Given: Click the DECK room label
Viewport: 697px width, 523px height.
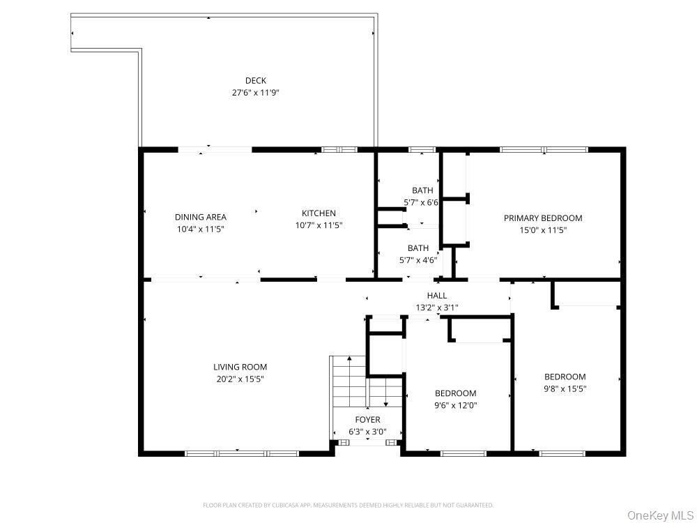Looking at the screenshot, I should pyautogui.click(x=255, y=80).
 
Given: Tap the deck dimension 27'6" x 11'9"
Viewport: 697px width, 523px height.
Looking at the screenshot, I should pyautogui.click(x=255, y=92).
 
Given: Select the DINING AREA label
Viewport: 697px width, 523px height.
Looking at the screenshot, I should pyautogui.click(x=200, y=217).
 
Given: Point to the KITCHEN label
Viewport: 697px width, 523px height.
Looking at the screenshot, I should pyautogui.click(x=319, y=213).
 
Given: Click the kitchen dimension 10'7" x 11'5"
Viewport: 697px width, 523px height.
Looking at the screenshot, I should pyautogui.click(x=319, y=225).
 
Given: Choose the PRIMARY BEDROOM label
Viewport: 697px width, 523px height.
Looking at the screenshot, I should pyautogui.click(x=543, y=218).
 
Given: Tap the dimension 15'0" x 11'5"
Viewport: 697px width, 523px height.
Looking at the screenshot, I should pyautogui.click(x=543, y=229).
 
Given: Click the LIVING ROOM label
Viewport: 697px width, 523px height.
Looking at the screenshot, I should pyautogui.click(x=240, y=367).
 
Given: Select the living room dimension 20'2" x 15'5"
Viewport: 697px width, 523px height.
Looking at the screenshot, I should pyautogui.click(x=240, y=379).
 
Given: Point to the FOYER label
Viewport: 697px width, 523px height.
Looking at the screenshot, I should pyautogui.click(x=367, y=420).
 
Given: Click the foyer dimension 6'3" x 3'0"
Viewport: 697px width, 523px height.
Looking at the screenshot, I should pyautogui.click(x=367, y=432).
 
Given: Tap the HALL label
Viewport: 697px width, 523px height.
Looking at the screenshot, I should pyautogui.click(x=437, y=296).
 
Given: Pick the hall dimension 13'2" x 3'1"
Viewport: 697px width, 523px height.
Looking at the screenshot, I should pyautogui.click(x=437, y=308).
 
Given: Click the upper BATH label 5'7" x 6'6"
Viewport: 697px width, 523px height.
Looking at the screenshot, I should pyautogui.click(x=422, y=190).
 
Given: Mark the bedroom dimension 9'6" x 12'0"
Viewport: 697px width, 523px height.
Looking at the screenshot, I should pyautogui.click(x=456, y=405).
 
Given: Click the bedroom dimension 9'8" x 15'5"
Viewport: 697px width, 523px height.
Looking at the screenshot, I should pyautogui.click(x=565, y=388).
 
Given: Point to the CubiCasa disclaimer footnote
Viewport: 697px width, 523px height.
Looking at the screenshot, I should pyautogui.click(x=348, y=505).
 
